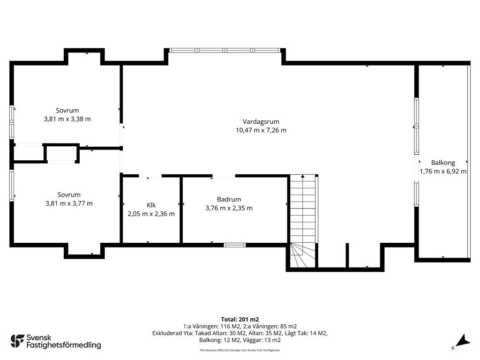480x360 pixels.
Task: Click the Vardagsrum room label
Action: coord(261,121)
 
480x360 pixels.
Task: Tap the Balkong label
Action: coord(443,163)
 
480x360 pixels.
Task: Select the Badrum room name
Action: coord(229,199)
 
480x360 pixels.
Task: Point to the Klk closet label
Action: coord(151,205)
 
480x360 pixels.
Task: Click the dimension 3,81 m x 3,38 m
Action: coord(67,119)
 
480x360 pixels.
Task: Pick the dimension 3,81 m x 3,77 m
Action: coord(69,203)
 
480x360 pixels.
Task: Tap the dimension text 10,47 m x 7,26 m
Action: coord(261,130)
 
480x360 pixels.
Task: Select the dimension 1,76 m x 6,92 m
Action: coord(443,172)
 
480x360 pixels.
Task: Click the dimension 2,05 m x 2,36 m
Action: coord(151,214)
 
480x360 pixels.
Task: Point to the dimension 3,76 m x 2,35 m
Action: coord(229,208)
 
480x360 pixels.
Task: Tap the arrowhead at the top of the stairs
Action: coord(303,176)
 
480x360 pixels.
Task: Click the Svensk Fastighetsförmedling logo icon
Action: coord(17,341)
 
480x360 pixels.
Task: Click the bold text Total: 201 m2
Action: coord(240,320)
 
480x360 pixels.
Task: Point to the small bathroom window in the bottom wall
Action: coord(234,245)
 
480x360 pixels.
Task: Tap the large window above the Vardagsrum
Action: coord(225,51)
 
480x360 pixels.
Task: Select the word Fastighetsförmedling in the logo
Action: coord(64,345)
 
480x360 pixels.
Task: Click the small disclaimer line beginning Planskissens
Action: coord(240,350)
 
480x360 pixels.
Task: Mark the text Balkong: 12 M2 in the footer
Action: coord(219,340)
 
